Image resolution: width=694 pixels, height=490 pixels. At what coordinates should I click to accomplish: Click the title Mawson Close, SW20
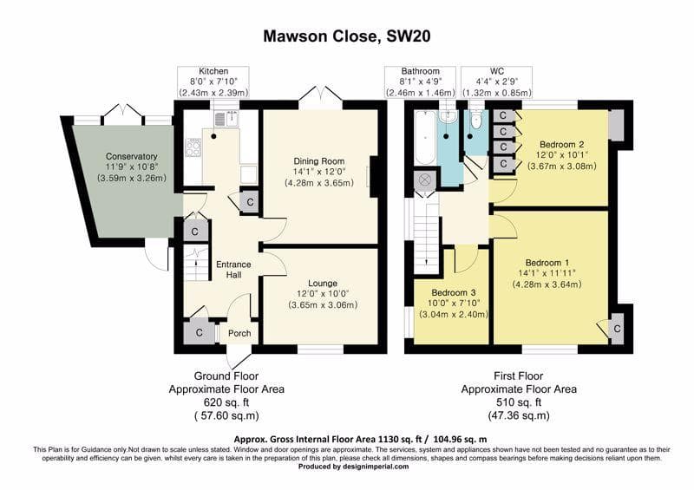(x=346, y=36)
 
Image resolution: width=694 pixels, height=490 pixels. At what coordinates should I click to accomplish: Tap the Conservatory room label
(x=132, y=156)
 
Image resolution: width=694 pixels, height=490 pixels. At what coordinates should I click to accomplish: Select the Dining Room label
(x=318, y=161)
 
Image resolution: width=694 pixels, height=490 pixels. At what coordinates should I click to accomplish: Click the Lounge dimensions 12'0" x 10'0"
(x=323, y=294)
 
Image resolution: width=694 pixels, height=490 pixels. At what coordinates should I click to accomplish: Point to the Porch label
(x=239, y=333)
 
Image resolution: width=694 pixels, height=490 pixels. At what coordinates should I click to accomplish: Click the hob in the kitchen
(x=193, y=147)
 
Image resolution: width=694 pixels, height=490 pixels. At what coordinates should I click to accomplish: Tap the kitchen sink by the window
(x=226, y=119)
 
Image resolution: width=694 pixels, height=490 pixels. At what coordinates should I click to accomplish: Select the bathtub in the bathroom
(x=425, y=137)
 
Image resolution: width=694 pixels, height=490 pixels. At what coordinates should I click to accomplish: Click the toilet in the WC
(x=475, y=120)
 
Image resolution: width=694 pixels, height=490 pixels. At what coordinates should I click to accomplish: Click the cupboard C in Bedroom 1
(x=617, y=329)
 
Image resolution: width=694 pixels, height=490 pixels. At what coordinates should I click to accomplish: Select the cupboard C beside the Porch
(x=200, y=332)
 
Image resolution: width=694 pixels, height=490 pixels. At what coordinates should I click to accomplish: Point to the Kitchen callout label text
(x=213, y=71)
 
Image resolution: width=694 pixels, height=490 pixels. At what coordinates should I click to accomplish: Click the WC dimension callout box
(x=496, y=82)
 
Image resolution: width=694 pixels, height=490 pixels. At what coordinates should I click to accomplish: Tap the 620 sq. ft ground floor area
(x=226, y=402)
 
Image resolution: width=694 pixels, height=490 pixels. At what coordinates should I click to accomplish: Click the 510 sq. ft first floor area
(x=519, y=402)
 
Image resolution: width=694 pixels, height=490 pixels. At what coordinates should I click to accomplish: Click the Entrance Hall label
(x=233, y=270)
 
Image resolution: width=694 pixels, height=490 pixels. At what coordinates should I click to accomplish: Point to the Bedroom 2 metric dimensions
(x=562, y=167)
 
